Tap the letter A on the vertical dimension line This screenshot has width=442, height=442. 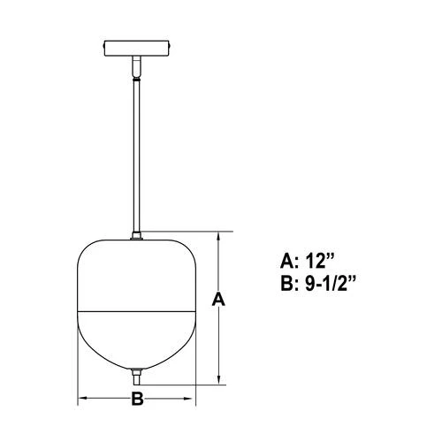219,301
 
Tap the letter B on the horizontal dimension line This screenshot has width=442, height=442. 136,399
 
